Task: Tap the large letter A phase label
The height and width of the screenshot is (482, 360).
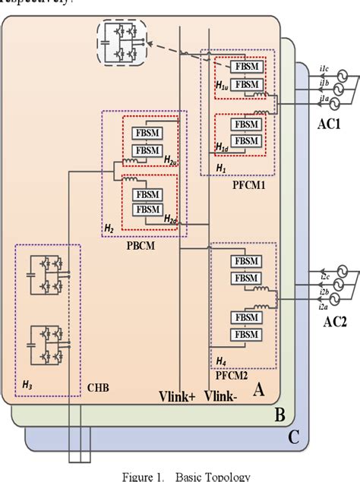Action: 259,389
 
